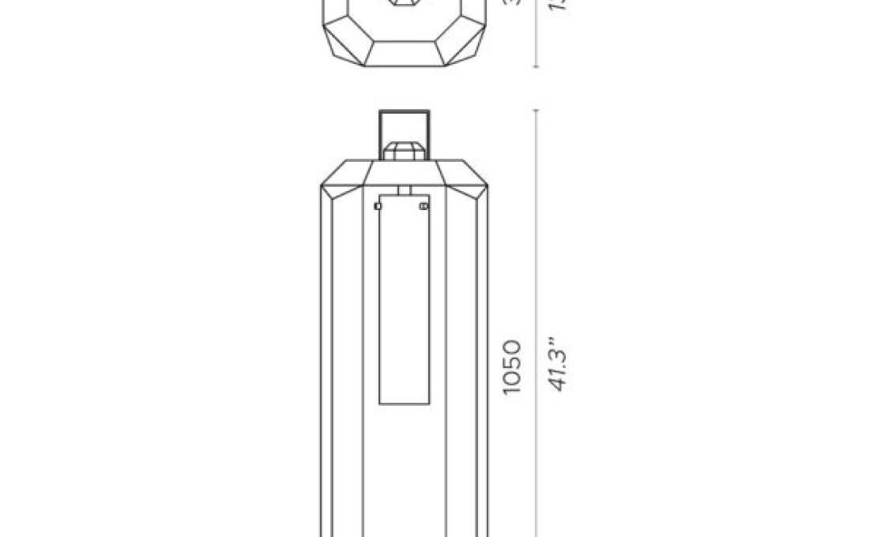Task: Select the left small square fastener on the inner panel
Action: tap(378, 206)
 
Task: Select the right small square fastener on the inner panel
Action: tap(424, 206)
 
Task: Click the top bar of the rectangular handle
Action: tap(404, 113)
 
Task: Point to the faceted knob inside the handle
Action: tap(404, 150)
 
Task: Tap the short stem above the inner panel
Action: tap(404, 190)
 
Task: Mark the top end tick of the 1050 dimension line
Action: tap(536, 110)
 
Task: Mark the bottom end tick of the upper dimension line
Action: tap(536, 67)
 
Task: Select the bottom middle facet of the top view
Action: tap(404, 54)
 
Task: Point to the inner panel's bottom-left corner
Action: tap(379, 404)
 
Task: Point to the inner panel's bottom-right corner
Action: tap(429, 404)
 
